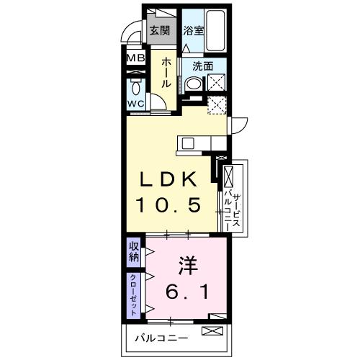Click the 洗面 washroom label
coord(202,66)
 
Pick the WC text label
coord(137,104)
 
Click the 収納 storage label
coord(134,253)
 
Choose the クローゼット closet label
coord(134,294)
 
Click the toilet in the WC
coord(136,89)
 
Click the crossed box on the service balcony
coord(228,175)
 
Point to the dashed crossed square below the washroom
coord(217,107)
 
